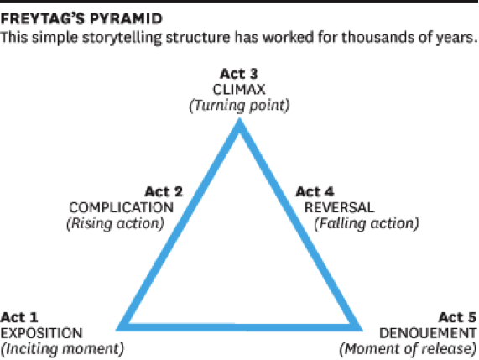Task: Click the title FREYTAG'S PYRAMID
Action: tap(81, 18)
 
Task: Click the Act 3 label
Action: tap(239, 74)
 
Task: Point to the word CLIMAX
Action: tap(239, 90)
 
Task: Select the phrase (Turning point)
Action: tap(239, 106)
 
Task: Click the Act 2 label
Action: tap(164, 192)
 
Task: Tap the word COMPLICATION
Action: tap(121, 208)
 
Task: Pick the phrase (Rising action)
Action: tap(115, 224)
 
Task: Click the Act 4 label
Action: tap(315, 192)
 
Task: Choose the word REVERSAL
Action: tap(339, 208)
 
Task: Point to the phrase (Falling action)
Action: tap(367, 224)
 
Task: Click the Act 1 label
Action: tap(19, 317)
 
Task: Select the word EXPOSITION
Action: tap(41, 333)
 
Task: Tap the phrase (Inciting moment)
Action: tap(62, 349)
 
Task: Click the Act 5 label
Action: tap(457, 317)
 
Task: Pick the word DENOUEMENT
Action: tap(428, 333)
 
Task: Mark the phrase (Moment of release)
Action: tap(408, 349)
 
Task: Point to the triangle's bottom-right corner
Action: tap(362, 331)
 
